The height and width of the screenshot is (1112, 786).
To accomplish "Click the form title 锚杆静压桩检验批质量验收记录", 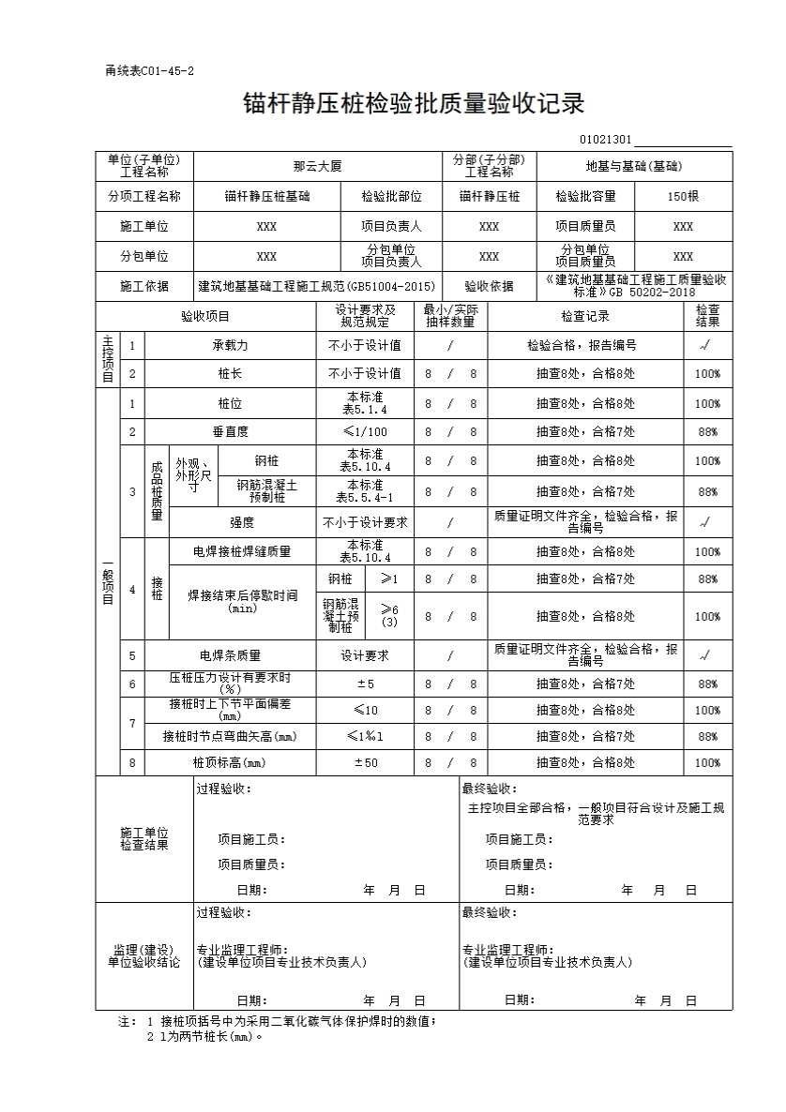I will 414,102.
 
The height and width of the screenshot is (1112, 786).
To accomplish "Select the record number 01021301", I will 605,140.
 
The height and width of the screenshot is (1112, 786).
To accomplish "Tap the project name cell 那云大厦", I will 317,166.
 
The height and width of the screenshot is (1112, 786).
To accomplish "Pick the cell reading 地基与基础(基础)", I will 633,166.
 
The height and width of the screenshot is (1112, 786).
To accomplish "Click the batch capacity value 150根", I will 683,196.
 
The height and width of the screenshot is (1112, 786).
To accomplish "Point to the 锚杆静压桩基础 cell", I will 266,196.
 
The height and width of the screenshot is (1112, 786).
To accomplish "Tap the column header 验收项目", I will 205,316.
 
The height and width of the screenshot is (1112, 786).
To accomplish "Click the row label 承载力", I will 230,345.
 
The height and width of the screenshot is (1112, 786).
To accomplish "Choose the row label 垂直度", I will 230,431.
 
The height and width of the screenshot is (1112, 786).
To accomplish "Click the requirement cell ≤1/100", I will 364,431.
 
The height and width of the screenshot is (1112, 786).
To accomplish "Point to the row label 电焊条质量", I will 230,655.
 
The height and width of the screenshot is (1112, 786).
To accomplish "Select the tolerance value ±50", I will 364,762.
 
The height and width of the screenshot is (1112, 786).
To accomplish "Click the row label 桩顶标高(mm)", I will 230,762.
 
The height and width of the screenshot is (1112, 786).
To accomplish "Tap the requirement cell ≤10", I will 364,710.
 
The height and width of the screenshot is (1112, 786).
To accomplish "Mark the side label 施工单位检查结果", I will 144,838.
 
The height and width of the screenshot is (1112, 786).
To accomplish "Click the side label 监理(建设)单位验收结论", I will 144,956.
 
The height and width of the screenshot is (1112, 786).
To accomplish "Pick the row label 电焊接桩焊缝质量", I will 241,551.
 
